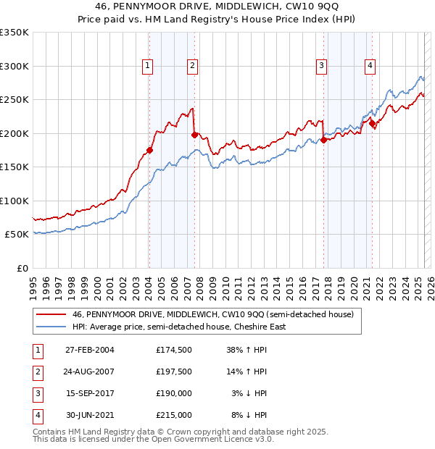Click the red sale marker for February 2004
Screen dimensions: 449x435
coord(149,150)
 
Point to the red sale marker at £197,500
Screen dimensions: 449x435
coord(194,135)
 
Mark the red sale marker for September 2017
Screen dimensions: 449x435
coord(323,140)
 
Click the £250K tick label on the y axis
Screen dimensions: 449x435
coord(14,100)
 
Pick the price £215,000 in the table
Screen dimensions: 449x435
coord(174,415)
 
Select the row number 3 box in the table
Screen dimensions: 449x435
coord(37,393)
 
